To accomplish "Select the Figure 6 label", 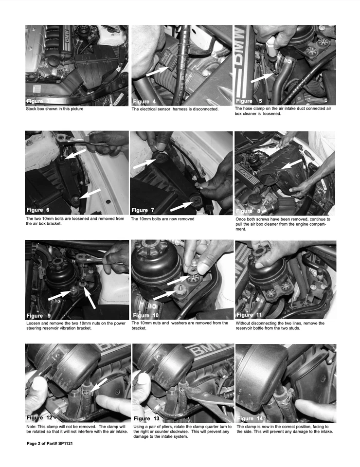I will pos(41,210).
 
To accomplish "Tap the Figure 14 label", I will pos(252,418).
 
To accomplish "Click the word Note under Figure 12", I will pos(31,427).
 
